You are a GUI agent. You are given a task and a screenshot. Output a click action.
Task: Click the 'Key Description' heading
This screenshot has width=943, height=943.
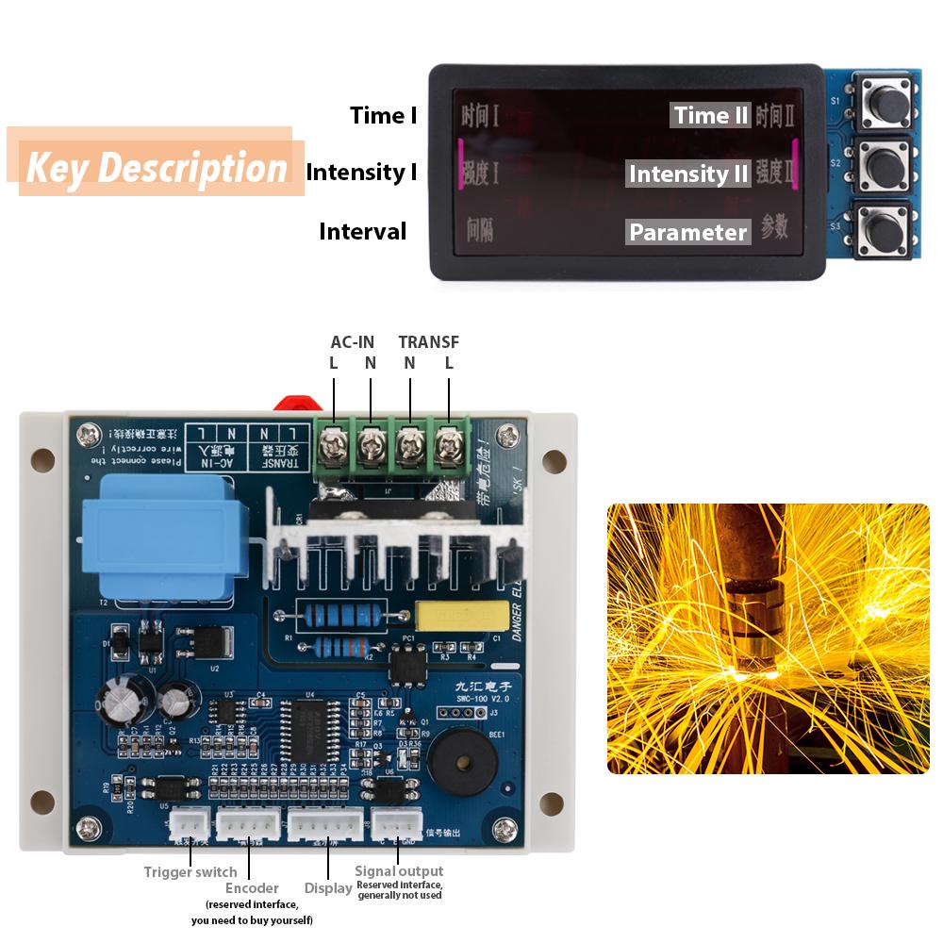click(x=157, y=168)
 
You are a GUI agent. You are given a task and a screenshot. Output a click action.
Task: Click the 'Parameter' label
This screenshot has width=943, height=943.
click(x=688, y=232)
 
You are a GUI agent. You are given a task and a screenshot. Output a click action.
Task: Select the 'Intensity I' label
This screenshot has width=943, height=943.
click(x=361, y=173)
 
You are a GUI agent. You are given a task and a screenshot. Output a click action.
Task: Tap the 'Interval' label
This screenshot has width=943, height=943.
click(x=363, y=232)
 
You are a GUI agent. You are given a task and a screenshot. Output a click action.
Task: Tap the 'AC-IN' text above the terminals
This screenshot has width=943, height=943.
click(x=352, y=342)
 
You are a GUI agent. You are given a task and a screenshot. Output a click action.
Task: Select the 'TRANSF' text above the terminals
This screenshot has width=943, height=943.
click(x=429, y=342)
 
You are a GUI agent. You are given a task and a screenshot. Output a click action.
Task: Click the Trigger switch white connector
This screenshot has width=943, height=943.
click(x=190, y=826)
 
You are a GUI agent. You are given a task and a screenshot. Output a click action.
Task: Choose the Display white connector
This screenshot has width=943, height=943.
click(x=325, y=826)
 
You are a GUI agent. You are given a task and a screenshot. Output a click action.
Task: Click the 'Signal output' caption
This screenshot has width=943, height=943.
click(x=399, y=871)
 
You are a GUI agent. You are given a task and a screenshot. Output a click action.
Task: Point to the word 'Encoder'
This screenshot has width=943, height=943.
click(x=252, y=888)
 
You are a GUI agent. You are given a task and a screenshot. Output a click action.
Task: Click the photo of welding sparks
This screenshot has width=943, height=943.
click(x=768, y=638)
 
